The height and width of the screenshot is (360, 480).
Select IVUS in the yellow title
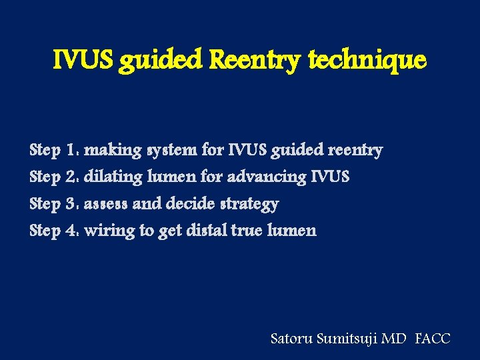pos(83,61)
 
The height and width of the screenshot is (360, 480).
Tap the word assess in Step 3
pos(106,203)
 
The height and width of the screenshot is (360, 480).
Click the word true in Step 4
pos(247,231)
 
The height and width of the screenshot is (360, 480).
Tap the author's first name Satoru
pos(291,339)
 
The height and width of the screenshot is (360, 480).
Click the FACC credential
pos(432,339)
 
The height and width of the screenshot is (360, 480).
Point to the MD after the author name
pos(393,339)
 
